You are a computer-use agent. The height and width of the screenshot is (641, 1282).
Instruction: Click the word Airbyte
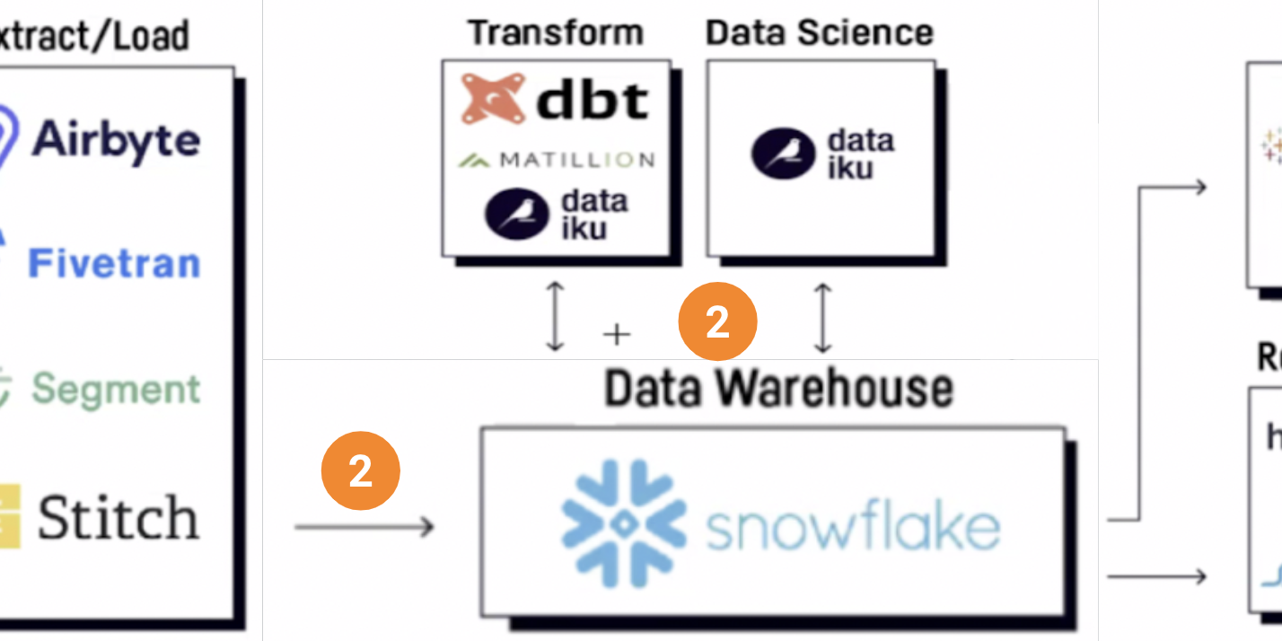pyautogui.click(x=116, y=139)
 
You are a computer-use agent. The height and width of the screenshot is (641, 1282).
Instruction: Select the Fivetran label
pyautogui.click(x=114, y=263)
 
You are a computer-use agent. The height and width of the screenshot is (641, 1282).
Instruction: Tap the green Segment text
pyautogui.click(x=116, y=389)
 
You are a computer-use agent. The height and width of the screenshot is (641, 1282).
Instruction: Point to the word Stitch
pyautogui.click(x=118, y=518)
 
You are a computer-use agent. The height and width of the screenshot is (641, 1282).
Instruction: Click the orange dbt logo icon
pyautogui.click(x=492, y=98)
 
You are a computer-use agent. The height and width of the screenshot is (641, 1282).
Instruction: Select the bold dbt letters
pyautogui.click(x=593, y=100)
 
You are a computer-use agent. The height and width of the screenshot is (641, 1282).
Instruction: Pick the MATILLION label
pyautogui.click(x=577, y=160)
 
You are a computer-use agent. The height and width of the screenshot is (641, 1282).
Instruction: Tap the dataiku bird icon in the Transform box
pyautogui.click(x=516, y=214)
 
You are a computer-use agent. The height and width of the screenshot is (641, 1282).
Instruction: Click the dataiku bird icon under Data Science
pyautogui.click(x=783, y=154)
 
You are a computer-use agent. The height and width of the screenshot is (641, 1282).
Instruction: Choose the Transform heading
pyautogui.click(x=556, y=33)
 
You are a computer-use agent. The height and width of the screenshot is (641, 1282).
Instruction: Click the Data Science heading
pyautogui.click(x=820, y=33)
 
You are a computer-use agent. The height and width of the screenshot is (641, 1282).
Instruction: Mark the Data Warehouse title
pyautogui.click(x=778, y=388)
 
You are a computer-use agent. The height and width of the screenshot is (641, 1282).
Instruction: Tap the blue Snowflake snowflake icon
pyautogui.click(x=624, y=523)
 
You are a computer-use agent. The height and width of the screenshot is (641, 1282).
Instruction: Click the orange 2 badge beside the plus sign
pyautogui.click(x=717, y=322)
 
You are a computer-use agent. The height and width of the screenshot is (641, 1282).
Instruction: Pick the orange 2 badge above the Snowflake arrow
pyautogui.click(x=360, y=470)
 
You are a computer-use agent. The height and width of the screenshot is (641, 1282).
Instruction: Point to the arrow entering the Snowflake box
pyautogui.click(x=364, y=527)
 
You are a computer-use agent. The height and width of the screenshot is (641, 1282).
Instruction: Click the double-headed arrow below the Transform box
pyautogui.click(x=556, y=317)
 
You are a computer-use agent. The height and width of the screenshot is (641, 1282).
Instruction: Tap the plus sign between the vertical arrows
pyautogui.click(x=616, y=335)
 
